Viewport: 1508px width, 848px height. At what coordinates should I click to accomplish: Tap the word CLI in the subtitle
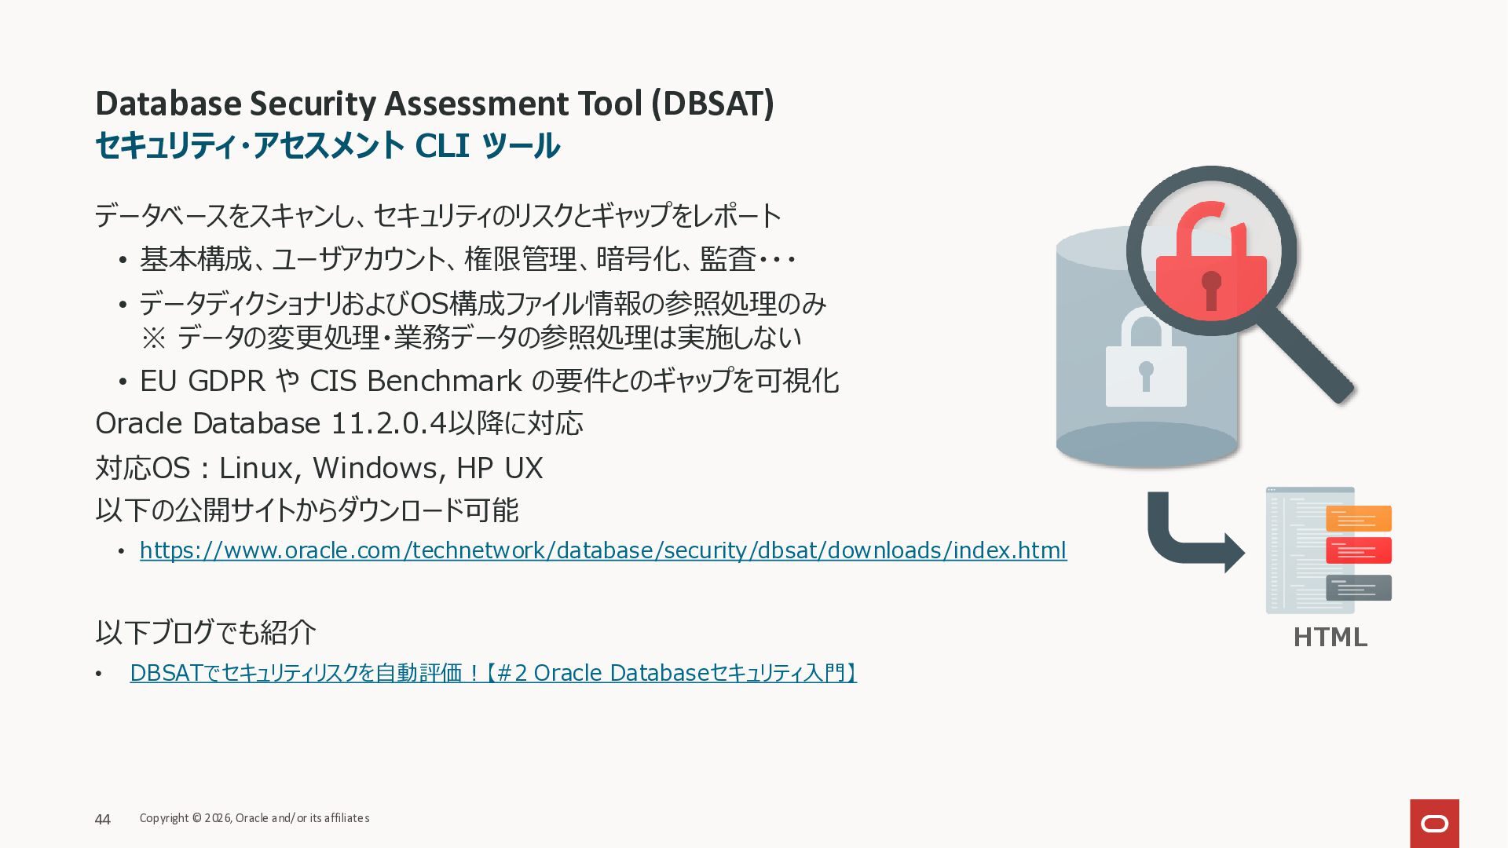pos(442,145)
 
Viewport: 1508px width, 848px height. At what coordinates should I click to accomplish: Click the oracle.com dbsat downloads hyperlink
pos(603,550)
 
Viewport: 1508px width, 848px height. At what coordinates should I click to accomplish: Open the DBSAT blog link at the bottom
pos(493,673)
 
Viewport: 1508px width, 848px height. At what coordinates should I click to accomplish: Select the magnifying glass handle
pos(1309,353)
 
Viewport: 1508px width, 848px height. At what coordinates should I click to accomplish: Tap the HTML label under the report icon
pos(1330,637)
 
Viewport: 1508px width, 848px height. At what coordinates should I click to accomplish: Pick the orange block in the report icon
pos(1358,519)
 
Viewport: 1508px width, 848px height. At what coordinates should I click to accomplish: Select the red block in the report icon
pos(1358,550)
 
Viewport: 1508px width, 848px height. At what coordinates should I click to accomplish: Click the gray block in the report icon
pos(1358,588)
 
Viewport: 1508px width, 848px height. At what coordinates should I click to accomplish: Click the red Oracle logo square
pos(1434,824)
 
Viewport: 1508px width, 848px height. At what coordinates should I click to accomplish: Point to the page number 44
pos(103,820)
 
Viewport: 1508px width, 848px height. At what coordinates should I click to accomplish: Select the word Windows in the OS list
pos(375,468)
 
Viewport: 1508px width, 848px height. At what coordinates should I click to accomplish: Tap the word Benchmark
pos(444,381)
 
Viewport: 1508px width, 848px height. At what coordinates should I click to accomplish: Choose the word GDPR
pos(226,381)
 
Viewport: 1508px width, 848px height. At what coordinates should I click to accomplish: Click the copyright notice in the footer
pos(254,818)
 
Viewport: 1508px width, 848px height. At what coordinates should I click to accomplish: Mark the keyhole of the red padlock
pos(1211,290)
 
